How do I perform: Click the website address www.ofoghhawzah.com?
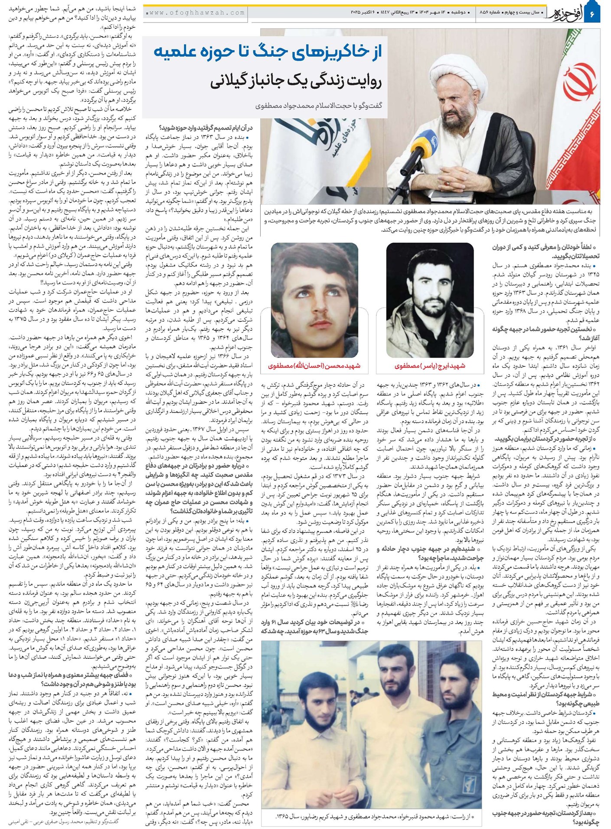196,13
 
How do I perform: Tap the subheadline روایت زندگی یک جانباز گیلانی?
296,81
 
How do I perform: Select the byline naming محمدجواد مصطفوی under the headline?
319,105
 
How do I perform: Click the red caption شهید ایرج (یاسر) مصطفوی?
430,366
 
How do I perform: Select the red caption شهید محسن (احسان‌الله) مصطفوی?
314,366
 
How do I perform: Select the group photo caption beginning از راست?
372,816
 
